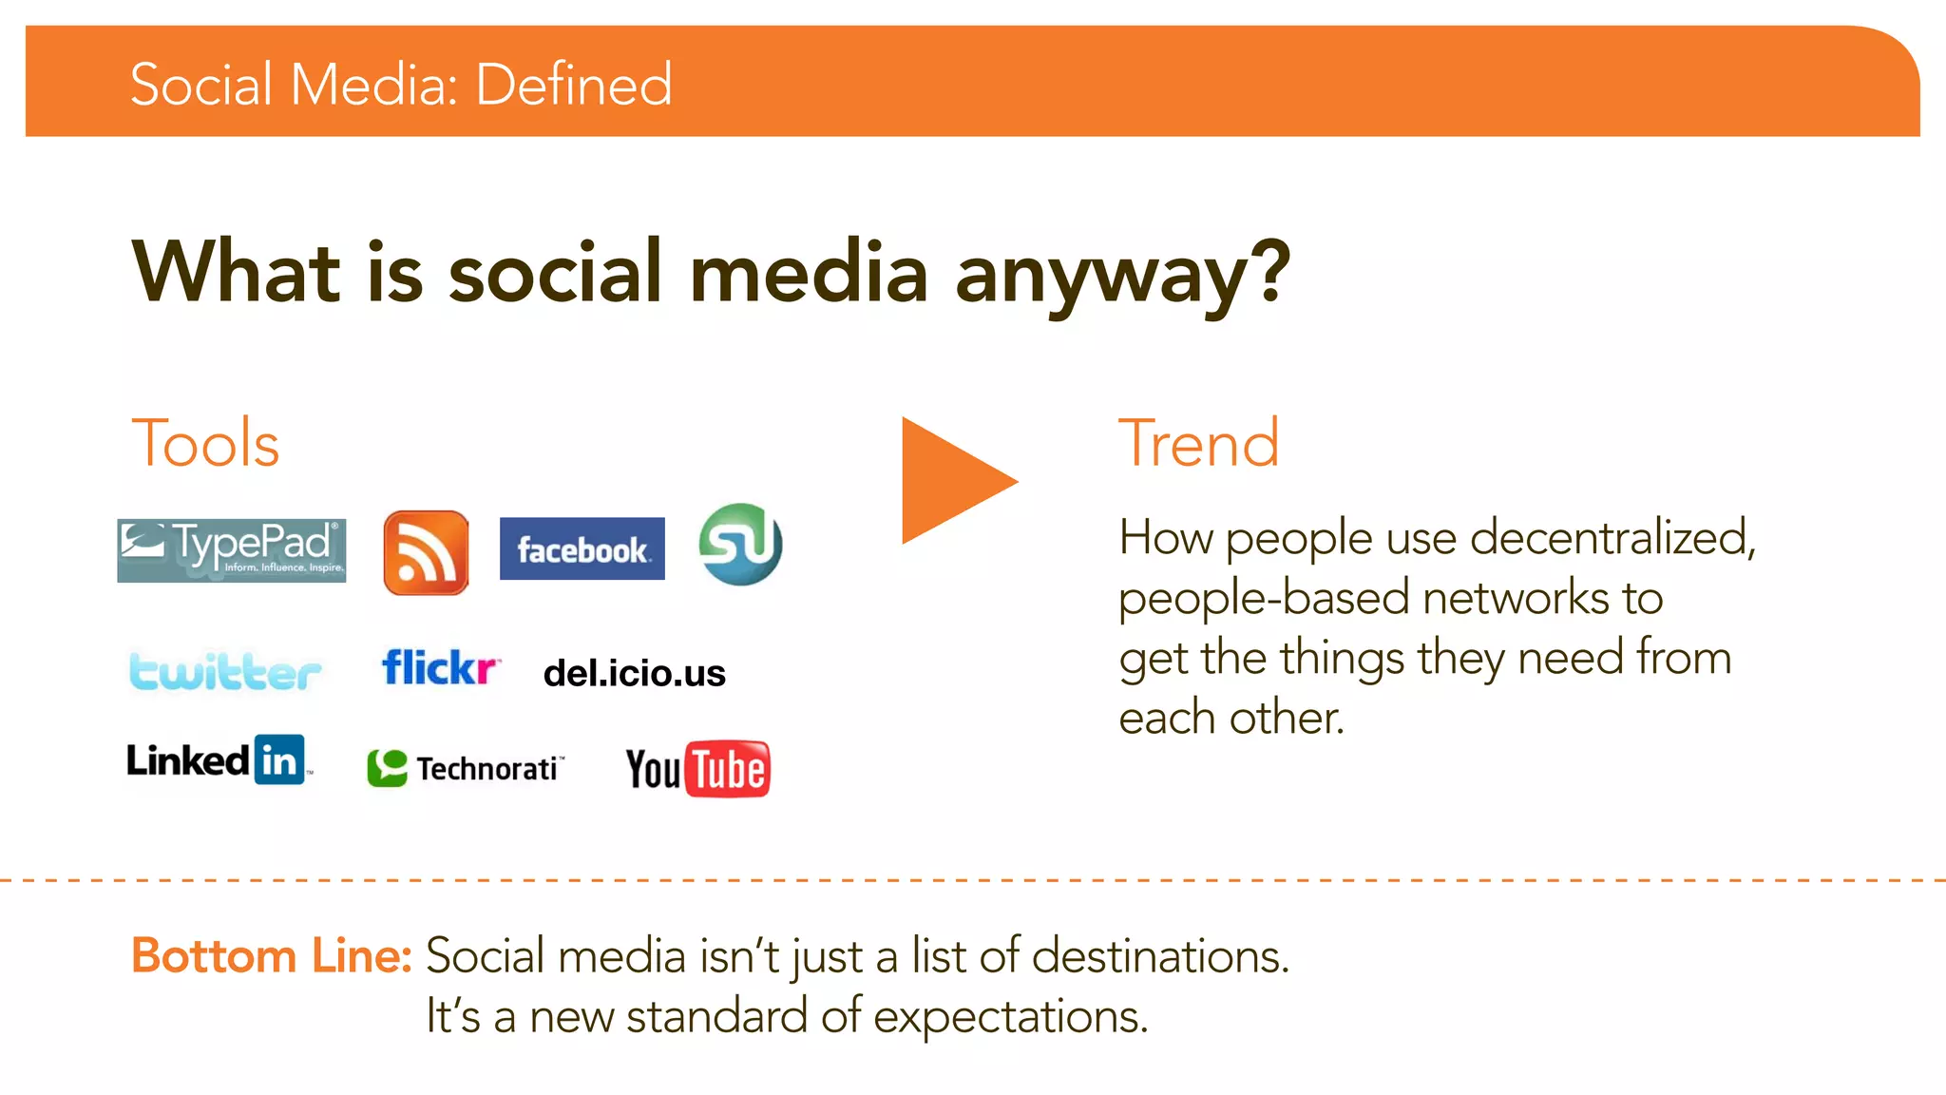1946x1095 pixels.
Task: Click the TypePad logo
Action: [x=231, y=549]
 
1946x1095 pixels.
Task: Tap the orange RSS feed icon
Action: [x=426, y=552]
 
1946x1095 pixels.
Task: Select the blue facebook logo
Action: [x=582, y=548]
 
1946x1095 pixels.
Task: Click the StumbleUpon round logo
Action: [x=740, y=545]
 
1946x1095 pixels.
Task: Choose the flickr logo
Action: [x=440, y=667]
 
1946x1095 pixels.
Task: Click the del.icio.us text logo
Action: [x=634, y=673]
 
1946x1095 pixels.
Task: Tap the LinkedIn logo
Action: [x=218, y=760]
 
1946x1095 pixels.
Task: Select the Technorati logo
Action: [x=466, y=768]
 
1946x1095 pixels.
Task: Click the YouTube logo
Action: [x=697, y=768]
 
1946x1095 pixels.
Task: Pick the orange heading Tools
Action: [x=205, y=443]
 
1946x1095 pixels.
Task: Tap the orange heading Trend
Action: [x=1198, y=443]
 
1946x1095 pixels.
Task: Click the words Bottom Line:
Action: [x=271, y=955]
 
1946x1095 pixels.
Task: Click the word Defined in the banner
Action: [x=573, y=84]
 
